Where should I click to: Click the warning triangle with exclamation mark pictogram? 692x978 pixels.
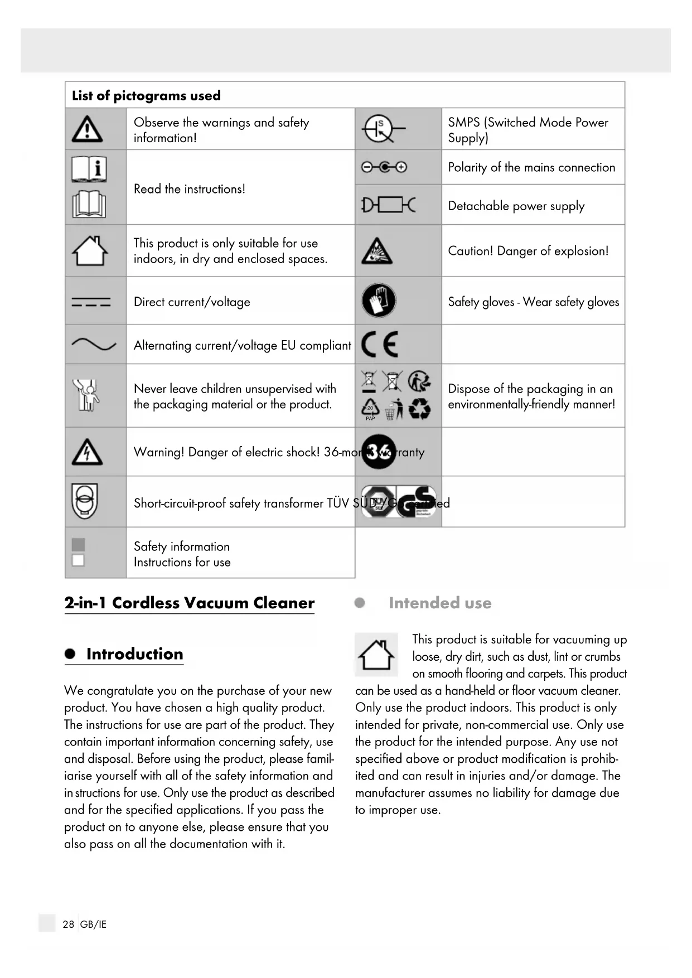click(x=87, y=129)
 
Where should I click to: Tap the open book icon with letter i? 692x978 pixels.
click(x=89, y=169)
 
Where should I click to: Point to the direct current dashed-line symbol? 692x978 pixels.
click(x=91, y=302)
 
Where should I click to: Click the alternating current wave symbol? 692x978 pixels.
click(x=94, y=345)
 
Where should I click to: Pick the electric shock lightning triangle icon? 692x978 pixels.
click(x=87, y=452)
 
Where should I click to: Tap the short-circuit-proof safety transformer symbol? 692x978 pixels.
click(x=85, y=501)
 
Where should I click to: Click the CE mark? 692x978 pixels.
click(x=380, y=344)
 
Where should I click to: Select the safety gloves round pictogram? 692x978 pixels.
click(x=379, y=301)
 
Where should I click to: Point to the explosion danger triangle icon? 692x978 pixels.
click(x=377, y=251)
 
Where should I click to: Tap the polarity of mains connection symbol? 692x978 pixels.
click(x=384, y=167)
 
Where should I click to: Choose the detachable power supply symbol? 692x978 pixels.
click(x=388, y=205)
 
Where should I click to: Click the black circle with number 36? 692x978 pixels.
click(x=379, y=452)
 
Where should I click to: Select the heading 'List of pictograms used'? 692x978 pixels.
click(x=146, y=95)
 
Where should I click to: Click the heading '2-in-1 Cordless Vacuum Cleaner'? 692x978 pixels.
click(x=189, y=603)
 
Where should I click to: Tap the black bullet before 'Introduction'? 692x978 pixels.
click(x=70, y=654)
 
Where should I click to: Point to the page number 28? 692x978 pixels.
click(x=68, y=924)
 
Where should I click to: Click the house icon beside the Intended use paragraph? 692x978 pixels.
click(x=376, y=655)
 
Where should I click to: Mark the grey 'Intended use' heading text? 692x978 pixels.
click(x=440, y=603)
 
